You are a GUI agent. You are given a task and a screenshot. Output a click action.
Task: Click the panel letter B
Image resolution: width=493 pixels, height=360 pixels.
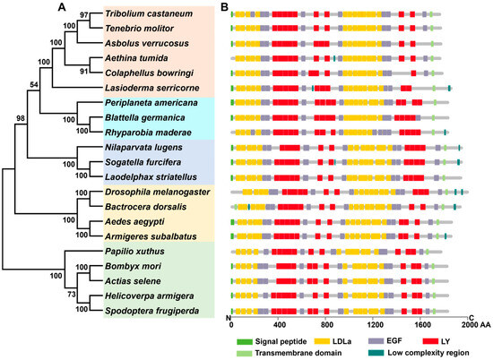[226, 7]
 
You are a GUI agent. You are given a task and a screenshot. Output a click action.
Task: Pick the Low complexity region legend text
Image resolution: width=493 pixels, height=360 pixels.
[413, 353]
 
